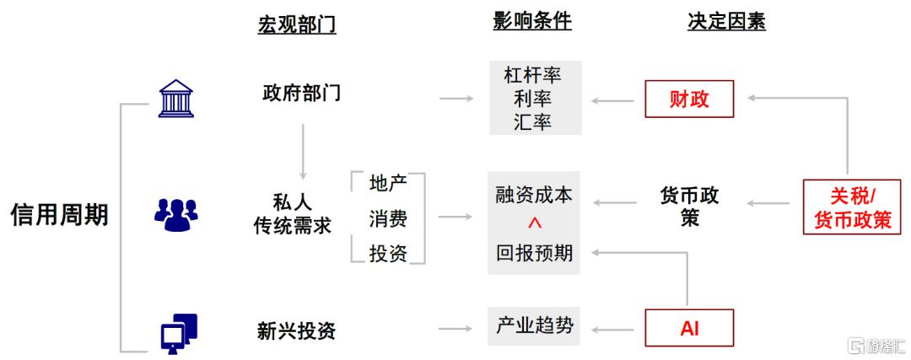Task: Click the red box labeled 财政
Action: pos(689,99)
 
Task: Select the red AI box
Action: pos(689,329)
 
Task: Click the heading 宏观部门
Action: pos(297,24)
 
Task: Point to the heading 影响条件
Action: pos(532,21)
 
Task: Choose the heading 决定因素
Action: pos(726,21)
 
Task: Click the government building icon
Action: pos(175,98)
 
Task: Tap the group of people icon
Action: pos(175,214)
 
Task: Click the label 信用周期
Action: pos(59,215)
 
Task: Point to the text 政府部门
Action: pos(299,93)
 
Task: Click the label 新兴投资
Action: pos(296,330)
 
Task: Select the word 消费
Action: pos(387,219)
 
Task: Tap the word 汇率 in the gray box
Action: pos(532,122)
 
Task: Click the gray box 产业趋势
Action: pos(534,326)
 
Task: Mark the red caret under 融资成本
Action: pos(534,223)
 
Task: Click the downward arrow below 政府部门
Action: pos(302,151)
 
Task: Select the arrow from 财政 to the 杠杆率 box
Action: pos(613,99)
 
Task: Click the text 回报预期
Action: pos(534,253)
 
